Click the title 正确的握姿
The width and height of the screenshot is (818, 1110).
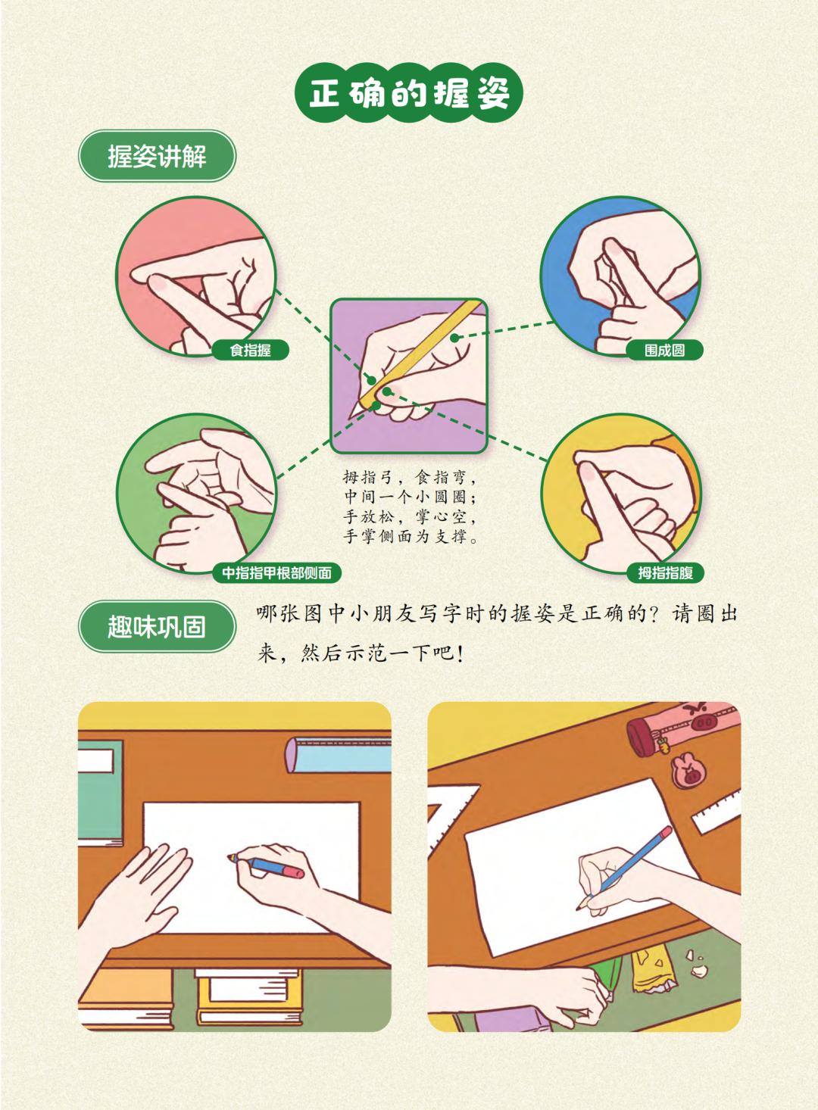[408, 93]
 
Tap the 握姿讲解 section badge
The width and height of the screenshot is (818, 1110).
[157, 157]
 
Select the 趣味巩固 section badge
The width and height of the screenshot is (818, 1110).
[157, 626]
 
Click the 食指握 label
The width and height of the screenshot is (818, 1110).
[250, 350]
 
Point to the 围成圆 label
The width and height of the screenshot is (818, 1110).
[664, 350]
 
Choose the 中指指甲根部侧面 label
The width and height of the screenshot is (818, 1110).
[276, 573]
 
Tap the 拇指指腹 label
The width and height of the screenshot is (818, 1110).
[665, 573]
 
